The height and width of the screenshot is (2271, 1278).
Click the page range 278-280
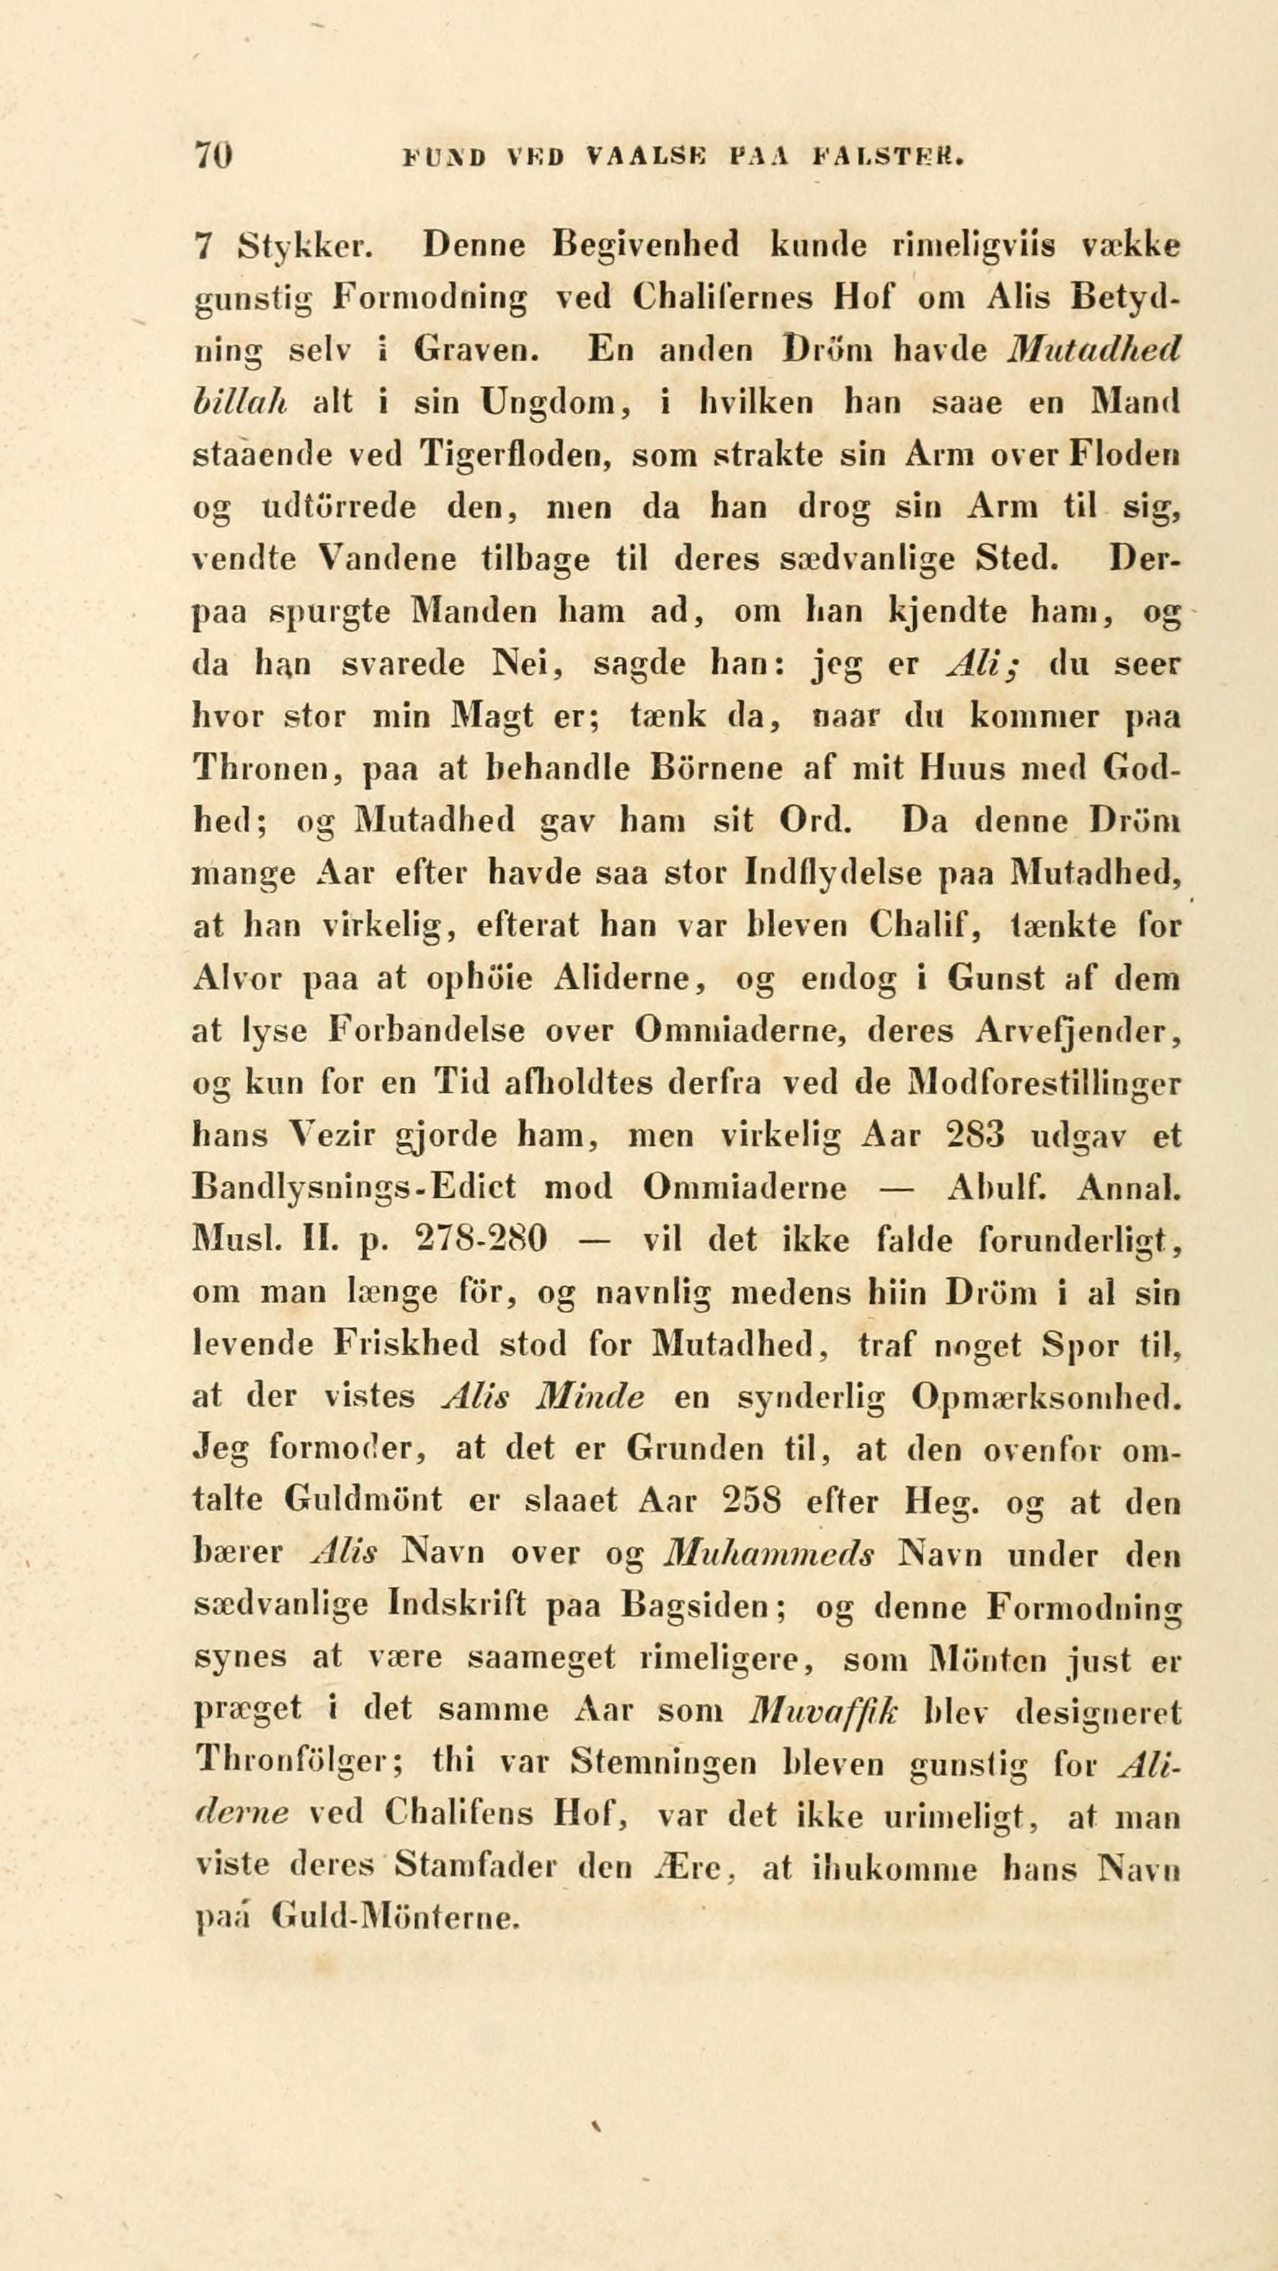[x=480, y=1240]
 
